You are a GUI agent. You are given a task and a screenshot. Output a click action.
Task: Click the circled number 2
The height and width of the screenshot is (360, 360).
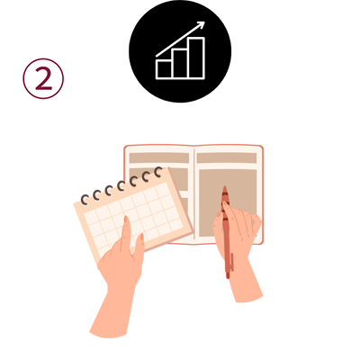click(x=43, y=78)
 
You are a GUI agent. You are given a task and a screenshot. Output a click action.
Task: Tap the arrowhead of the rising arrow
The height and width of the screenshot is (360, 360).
click(x=201, y=25)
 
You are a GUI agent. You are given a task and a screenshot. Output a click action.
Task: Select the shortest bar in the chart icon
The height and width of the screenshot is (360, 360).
click(x=164, y=69)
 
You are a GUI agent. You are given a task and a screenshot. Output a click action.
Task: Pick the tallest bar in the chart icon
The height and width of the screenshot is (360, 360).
click(x=196, y=58)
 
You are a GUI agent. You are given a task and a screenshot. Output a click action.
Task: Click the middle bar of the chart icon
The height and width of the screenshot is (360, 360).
click(x=180, y=64)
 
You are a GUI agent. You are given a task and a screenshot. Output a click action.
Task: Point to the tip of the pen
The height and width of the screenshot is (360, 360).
click(x=224, y=187)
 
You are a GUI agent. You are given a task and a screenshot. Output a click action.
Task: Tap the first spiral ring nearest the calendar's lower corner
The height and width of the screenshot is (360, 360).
click(x=85, y=200)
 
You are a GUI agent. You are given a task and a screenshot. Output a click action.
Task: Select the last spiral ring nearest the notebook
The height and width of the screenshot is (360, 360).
click(x=158, y=172)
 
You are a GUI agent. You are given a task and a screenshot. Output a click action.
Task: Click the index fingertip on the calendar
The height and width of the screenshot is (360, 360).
click(x=126, y=220)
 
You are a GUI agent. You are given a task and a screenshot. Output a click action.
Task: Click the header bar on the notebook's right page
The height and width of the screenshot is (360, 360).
click(x=227, y=158)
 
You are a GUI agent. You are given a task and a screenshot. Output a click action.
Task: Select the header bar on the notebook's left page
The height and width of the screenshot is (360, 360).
click(x=159, y=158)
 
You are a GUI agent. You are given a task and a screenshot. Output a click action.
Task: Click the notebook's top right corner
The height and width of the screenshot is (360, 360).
click(x=262, y=147)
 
